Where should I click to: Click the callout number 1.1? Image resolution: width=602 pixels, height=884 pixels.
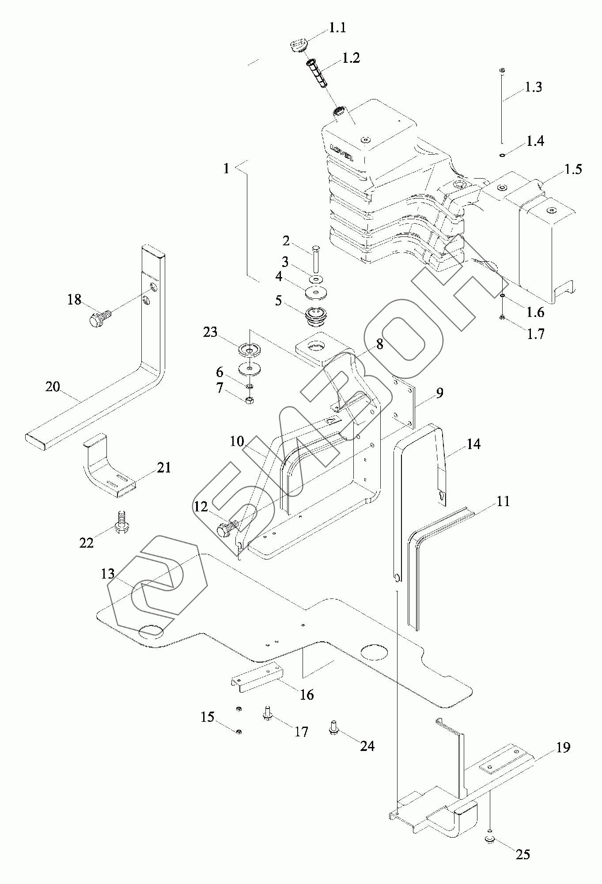point(337,28)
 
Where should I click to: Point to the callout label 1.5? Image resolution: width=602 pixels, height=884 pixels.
point(573,169)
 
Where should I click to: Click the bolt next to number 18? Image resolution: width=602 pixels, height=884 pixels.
point(100,318)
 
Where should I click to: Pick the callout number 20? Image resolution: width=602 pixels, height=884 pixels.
point(53,387)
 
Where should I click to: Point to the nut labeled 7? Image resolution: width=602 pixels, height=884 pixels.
point(249,400)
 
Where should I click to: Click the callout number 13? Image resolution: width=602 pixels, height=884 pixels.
point(108,574)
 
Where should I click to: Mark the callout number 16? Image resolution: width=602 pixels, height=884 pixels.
point(307,694)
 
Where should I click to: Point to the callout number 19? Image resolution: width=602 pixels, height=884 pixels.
point(563,747)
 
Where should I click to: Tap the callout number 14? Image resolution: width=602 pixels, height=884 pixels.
point(473,444)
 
